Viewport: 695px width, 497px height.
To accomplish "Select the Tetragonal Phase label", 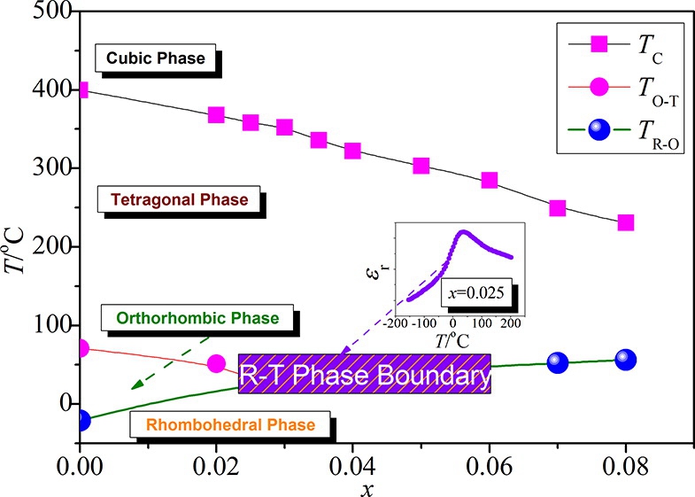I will (179, 200).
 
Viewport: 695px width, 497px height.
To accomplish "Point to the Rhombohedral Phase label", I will (230, 425).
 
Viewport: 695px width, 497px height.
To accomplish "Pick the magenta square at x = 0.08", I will (626, 222).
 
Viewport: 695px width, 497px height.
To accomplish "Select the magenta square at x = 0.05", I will (421, 166).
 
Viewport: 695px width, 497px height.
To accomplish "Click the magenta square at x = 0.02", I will (216, 115).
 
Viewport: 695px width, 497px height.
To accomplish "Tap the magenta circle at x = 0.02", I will (216, 363).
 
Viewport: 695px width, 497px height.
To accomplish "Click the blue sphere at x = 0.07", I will (558, 361).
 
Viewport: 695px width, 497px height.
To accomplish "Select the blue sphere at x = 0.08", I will (626, 359).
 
